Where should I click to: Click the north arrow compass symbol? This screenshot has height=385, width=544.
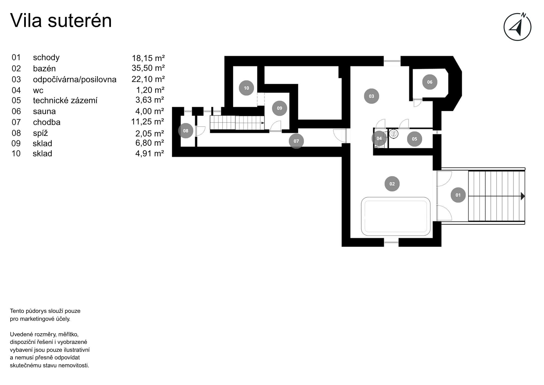(x=517, y=27)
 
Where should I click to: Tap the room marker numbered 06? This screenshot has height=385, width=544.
(x=429, y=82)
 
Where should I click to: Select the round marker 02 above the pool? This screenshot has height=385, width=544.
(x=392, y=184)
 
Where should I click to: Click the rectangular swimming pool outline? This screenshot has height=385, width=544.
(x=395, y=216)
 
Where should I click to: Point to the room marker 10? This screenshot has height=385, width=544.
(x=246, y=88)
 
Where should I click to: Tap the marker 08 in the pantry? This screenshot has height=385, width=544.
(x=186, y=131)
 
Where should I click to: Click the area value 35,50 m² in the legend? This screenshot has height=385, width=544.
(x=148, y=68)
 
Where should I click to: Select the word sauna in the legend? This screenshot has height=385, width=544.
(x=44, y=111)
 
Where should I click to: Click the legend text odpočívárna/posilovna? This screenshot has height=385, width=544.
(x=75, y=80)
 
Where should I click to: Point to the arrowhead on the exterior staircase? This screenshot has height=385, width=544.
(x=522, y=196)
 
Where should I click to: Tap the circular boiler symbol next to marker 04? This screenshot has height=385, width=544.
(x=393, y=134)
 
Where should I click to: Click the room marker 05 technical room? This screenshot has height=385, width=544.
(x=414, y=139)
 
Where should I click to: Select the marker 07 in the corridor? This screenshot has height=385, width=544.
(x=296, y=141)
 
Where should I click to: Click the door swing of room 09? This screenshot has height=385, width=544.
(x=276, y=126)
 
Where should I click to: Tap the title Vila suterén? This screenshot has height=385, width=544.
(x=61, y=20)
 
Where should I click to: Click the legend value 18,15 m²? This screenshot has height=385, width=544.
(x=148, y=58)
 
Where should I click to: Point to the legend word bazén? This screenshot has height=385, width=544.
(x=44, y=69)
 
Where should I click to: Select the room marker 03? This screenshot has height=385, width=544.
(x=371, y=96)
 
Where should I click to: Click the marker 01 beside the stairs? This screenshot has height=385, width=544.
(x=458, y=195)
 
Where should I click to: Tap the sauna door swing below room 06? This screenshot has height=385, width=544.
(x=417, y=103)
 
